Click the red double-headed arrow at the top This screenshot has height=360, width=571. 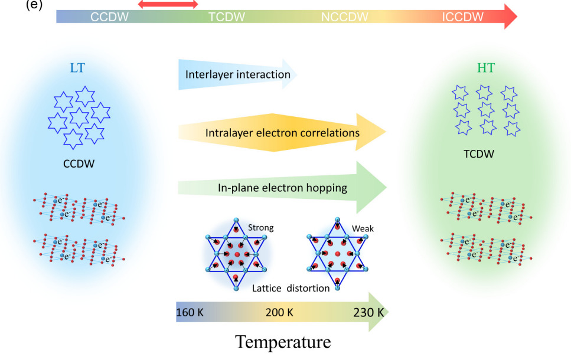coord(168,4)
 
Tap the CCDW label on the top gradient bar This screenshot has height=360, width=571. coord(110,17)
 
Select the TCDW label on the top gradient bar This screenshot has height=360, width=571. coord(226,17)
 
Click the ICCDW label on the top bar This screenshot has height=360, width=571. coord(463,17)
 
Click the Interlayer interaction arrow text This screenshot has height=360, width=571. coord(238,75)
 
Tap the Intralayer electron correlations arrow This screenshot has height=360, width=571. coord(283,133)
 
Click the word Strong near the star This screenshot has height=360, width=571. coord(261,227)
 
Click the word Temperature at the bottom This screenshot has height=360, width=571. coord(283,342)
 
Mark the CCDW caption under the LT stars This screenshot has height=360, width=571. coord(79,163)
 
